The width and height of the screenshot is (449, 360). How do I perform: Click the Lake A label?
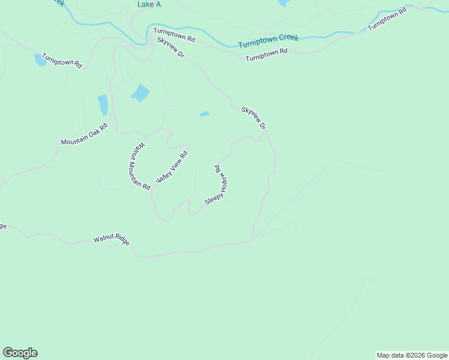coord(149,4)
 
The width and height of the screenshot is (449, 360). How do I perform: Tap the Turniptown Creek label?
coord(268,41)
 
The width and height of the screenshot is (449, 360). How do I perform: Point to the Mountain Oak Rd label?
coord(83,134)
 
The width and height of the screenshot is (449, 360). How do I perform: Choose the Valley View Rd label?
coord(172,167)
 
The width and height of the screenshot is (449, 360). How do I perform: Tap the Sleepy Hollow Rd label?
coord(218,185)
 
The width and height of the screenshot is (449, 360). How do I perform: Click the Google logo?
coord(20,353)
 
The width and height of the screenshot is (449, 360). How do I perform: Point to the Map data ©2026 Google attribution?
coord(412,355)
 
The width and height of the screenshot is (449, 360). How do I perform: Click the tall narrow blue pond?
coord(103,104)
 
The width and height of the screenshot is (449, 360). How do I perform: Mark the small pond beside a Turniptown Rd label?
coord(40,59)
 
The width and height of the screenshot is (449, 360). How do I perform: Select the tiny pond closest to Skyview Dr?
coord(204,113)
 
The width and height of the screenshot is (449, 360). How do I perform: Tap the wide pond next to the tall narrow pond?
coord(140,93)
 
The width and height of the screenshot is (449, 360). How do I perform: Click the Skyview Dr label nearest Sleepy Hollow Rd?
coord(253,118)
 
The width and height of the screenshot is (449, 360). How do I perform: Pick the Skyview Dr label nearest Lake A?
coord(170,47)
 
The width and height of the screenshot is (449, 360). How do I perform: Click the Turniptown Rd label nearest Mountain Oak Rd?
coord(62,60)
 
